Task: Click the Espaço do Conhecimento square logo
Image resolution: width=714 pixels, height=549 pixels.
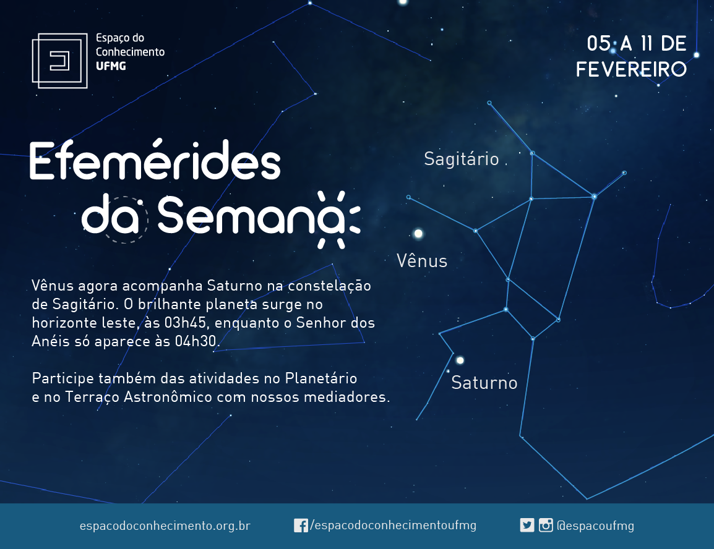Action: point(59,61)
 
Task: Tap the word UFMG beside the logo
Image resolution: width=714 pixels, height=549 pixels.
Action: point(111,66)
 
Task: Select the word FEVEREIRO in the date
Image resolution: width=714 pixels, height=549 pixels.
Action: point(631,70)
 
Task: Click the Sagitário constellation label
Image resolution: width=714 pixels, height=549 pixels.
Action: point(462,159)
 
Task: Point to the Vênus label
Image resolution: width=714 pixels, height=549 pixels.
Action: point(422,261)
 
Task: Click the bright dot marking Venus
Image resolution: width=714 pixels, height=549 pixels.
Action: point(418,234)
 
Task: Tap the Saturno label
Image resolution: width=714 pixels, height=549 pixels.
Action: point(484,383)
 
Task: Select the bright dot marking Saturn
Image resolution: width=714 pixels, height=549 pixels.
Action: point(460,360)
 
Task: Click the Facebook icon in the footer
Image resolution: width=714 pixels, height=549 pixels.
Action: point(301,526)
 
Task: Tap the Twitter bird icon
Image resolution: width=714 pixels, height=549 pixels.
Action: point(527,526)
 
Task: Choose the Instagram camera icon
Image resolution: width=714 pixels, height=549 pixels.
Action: point(546,526)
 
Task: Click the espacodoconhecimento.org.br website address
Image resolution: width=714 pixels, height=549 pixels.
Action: point(165,526)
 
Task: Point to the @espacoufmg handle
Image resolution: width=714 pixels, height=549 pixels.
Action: point(595,526)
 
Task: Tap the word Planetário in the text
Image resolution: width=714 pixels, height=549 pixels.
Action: point(321,378)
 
